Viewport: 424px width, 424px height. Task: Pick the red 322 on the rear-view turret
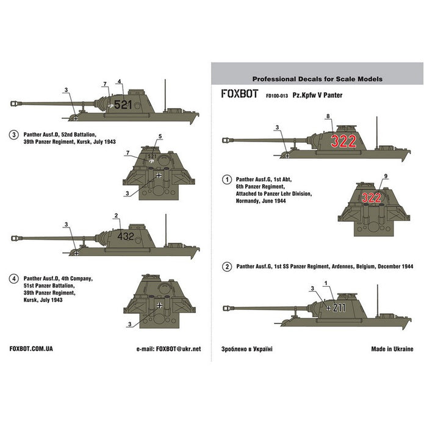click(x=373, y=198)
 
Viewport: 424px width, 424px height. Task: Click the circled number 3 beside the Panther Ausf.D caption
click(x=13, y=134)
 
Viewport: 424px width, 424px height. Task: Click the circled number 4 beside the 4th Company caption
click(x=13, y=278)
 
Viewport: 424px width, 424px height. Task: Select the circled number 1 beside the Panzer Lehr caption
click(x=226, y=180)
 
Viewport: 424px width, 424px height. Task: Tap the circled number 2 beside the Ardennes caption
click(x=226, y=267)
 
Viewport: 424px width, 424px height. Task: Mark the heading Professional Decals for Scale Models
click(x=317, y=79)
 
